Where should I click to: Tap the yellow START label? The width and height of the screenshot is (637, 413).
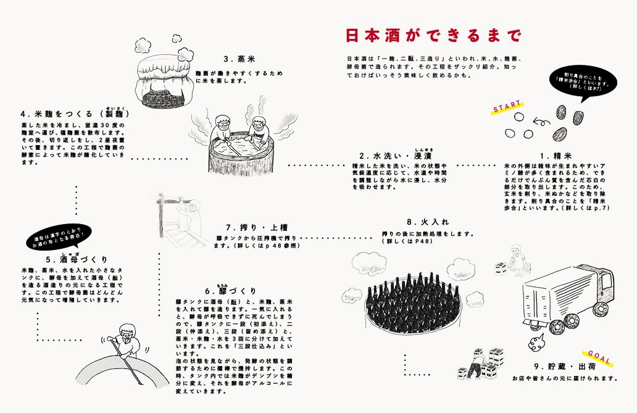pos(507,106)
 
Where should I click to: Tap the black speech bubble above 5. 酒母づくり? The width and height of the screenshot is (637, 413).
pos(60,237)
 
